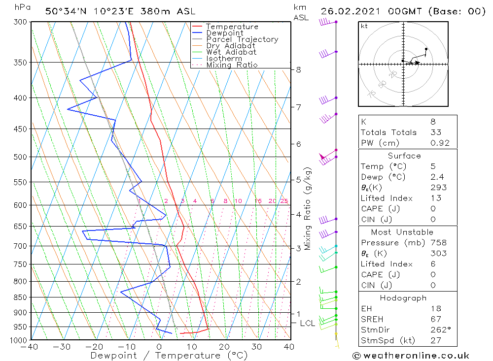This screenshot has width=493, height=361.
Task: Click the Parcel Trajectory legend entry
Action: (242, 39)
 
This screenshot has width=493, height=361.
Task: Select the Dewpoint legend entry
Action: (224, 33)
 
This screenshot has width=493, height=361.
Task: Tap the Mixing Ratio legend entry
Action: (232, 65)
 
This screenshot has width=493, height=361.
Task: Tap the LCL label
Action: (308, 323)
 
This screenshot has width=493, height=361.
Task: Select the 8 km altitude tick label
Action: (299, 69)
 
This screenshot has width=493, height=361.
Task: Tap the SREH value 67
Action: (435, 319)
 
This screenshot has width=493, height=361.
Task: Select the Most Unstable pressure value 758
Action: (438, 243)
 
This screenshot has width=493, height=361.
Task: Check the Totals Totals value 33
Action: (436, 132)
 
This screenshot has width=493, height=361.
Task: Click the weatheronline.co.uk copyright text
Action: (410, 355)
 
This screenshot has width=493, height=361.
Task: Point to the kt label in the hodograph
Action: (364, 26)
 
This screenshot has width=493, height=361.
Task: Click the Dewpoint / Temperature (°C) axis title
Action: (162, 355)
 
